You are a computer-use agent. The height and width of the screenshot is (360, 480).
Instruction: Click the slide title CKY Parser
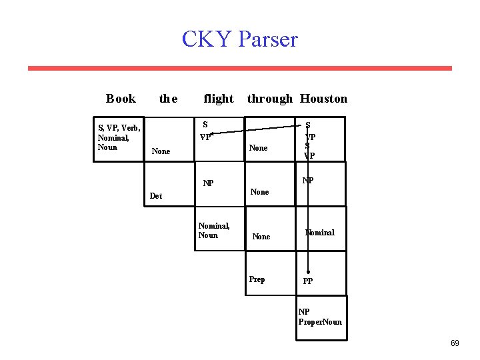point(239,39)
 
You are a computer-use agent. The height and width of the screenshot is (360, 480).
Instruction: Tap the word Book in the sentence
point(121,99)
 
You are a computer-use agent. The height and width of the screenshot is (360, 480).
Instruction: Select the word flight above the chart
point(218,99)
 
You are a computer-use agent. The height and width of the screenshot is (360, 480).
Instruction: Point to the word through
point(269,99)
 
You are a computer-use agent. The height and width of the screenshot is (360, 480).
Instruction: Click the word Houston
point(323,99)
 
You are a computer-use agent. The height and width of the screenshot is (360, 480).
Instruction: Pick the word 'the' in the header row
point(168,99)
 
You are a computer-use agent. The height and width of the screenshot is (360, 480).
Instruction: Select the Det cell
point(156,196)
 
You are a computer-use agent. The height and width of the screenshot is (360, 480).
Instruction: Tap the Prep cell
point(257,279)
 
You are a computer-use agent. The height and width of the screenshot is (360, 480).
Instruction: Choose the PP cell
point(308,281)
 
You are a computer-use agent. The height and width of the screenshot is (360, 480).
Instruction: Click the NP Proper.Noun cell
point(320,317)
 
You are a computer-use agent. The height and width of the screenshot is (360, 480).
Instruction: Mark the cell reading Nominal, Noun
point(214,231)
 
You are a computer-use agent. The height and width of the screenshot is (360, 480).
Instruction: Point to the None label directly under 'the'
point(161,151)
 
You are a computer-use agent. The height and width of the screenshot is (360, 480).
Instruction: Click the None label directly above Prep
point(261,237)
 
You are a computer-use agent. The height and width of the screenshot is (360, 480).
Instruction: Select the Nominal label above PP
point(320,233)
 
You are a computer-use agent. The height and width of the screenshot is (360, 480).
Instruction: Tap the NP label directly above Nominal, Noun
point(209,183)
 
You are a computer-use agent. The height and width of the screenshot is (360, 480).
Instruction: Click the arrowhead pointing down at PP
point(308,273)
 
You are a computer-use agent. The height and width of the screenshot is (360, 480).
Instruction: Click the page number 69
point(455,343)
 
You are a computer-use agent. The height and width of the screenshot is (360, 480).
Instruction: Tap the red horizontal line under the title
point(239,68)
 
